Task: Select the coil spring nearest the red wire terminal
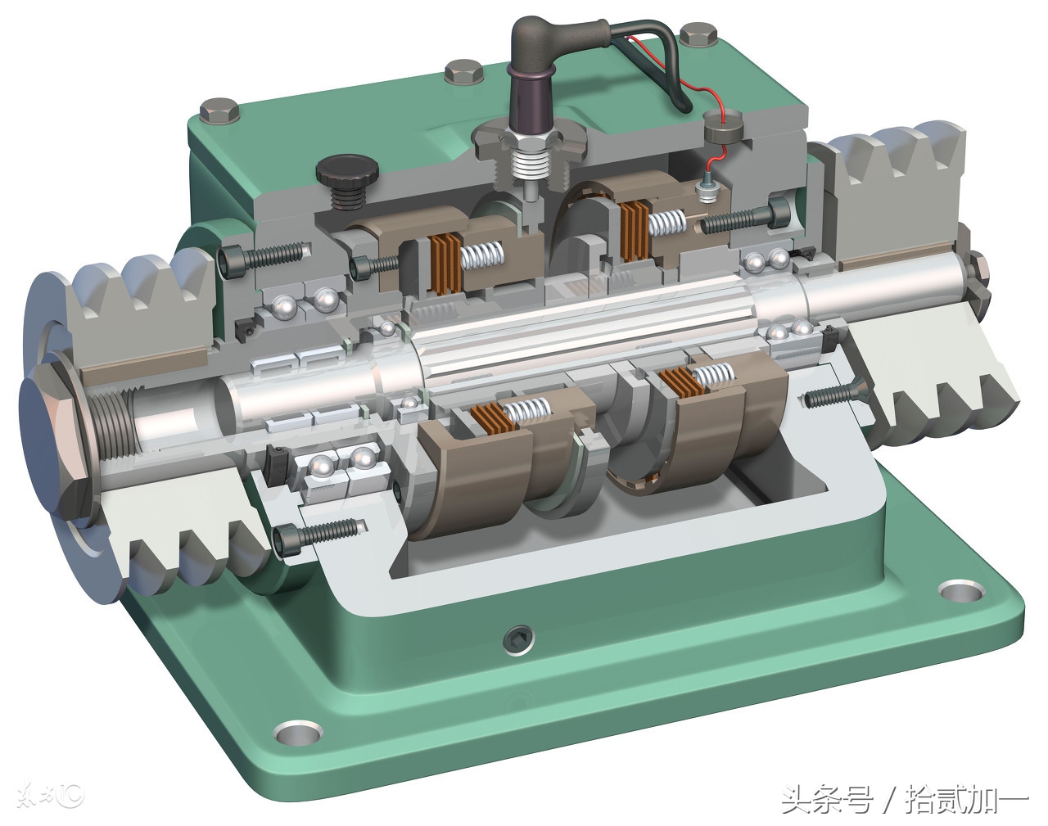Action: [x=667, y=221]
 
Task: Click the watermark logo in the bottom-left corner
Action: [x=61, y=794]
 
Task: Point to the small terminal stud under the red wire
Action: [x=706, y=188]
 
